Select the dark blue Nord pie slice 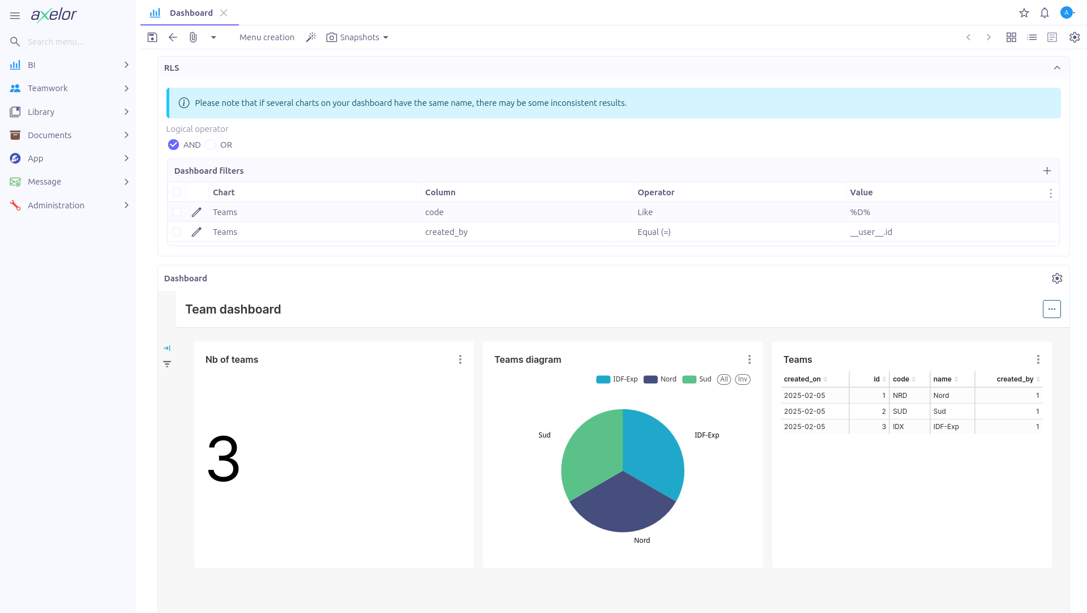point(623,507)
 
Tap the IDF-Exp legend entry point(617,379)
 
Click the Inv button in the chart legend point(743,379)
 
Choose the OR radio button point(211,145)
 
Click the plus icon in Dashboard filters point(1047,171)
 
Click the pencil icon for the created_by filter point(196,232)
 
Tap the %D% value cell point(860,212)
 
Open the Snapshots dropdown point(358,37)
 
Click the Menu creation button point(267,37)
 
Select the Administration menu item point(56,205)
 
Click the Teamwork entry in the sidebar point(48,88)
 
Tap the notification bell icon point(1045,13)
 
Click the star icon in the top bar point(1024,13)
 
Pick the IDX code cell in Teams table point(898,427)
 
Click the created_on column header point(802,379)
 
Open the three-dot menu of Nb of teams point(460,359)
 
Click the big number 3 point(224,459)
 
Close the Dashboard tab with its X point(224,13)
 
